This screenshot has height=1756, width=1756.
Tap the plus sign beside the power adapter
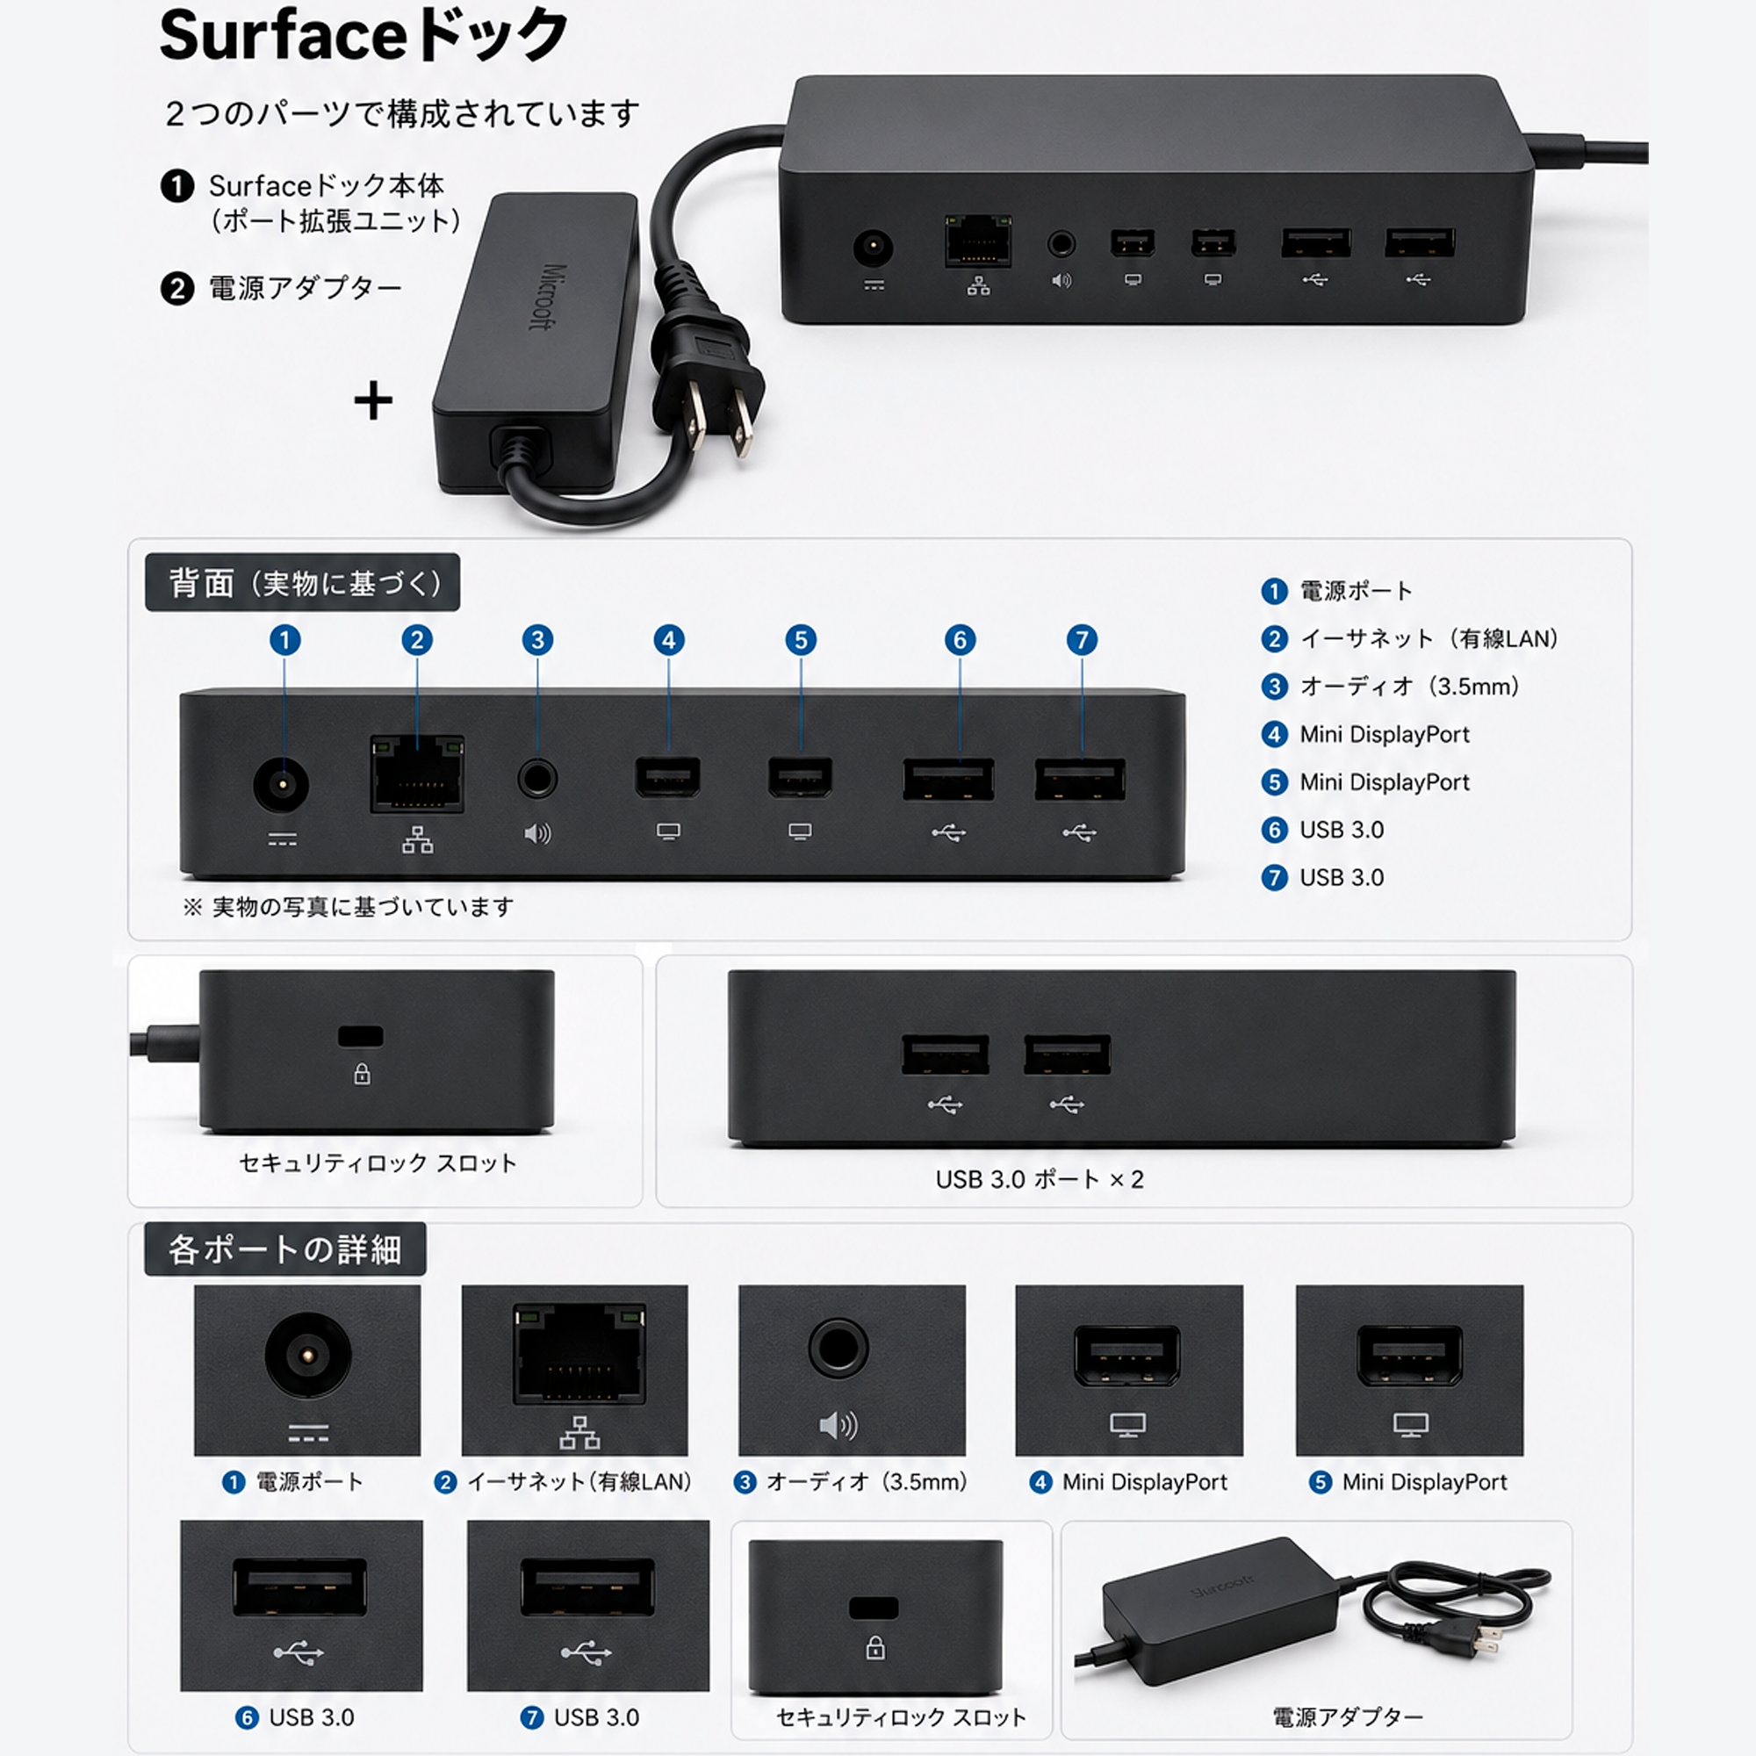coord(372,401)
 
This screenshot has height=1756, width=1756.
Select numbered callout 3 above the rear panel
coord(537,640)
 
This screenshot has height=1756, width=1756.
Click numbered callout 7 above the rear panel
coord(1082,640)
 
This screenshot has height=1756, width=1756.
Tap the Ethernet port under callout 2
coord(417,774)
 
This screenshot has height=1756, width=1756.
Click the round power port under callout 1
coord(281,783)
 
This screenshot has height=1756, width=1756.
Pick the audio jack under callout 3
coord(537,779)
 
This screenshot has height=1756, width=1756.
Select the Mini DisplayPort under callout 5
coord(800,777)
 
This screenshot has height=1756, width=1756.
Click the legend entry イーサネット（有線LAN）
coord(1429,639)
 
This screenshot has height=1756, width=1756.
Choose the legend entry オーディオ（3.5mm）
coord(1410,687)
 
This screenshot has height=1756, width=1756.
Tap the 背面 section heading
coord(303,583)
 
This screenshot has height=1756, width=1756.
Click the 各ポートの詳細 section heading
coord(284,1249)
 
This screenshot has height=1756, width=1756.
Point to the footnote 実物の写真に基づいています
coord(363,907)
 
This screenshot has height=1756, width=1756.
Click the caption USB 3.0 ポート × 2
coord(1040,1180)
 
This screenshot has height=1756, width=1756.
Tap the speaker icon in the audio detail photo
coord(838,1425)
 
